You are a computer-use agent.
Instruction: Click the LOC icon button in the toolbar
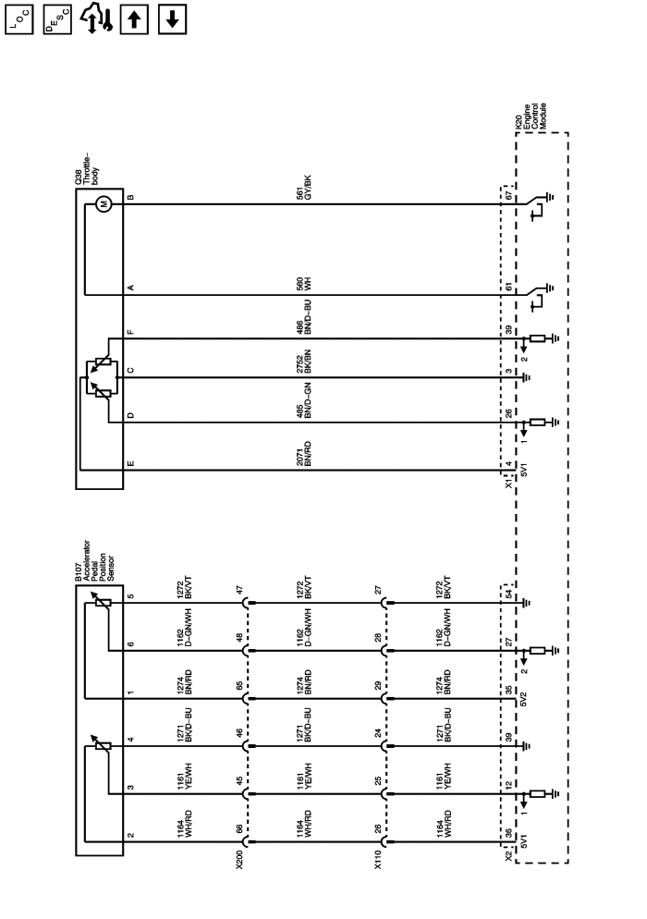click(19, 18)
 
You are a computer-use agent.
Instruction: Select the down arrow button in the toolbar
click(172, 18)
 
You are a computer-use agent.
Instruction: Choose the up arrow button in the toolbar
click(133, 18)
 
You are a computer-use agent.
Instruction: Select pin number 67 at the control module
click(508, 196)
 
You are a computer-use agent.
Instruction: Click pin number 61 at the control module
click(508, 288)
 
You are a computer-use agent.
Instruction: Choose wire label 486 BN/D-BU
click(315, 328)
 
